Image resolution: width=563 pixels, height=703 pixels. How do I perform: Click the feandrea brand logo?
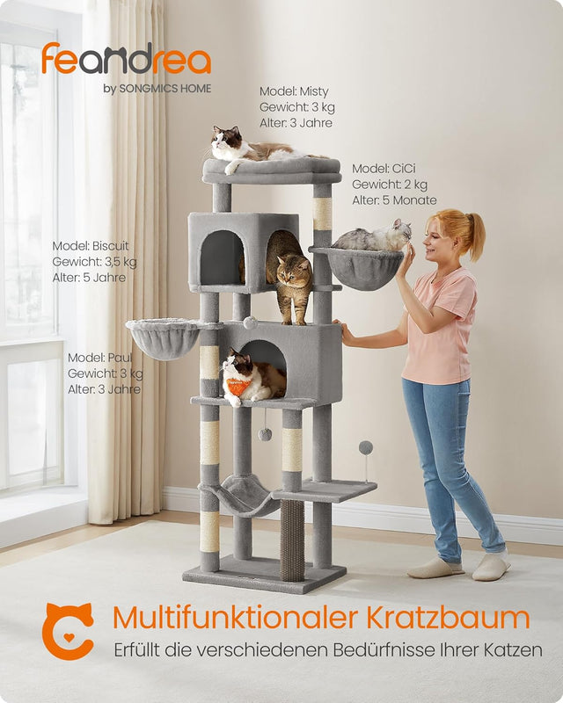pos(126,60)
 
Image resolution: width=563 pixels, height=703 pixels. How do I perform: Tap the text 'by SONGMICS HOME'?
pos(157,88)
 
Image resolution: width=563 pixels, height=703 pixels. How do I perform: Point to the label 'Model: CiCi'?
pos(384,168)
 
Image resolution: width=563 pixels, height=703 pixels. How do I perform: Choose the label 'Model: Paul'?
pos(99,358)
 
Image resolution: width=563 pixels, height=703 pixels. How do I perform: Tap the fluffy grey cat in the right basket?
pos(374,237)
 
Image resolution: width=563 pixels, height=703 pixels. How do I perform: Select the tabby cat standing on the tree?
pos(290,272)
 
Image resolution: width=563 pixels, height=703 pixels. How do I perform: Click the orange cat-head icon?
pos(68,630)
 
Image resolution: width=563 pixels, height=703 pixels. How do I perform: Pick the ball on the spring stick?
pos(366,447)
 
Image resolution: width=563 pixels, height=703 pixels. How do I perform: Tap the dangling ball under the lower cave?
pos(264,435)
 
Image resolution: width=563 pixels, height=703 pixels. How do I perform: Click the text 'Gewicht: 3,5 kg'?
pos(94,262)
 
